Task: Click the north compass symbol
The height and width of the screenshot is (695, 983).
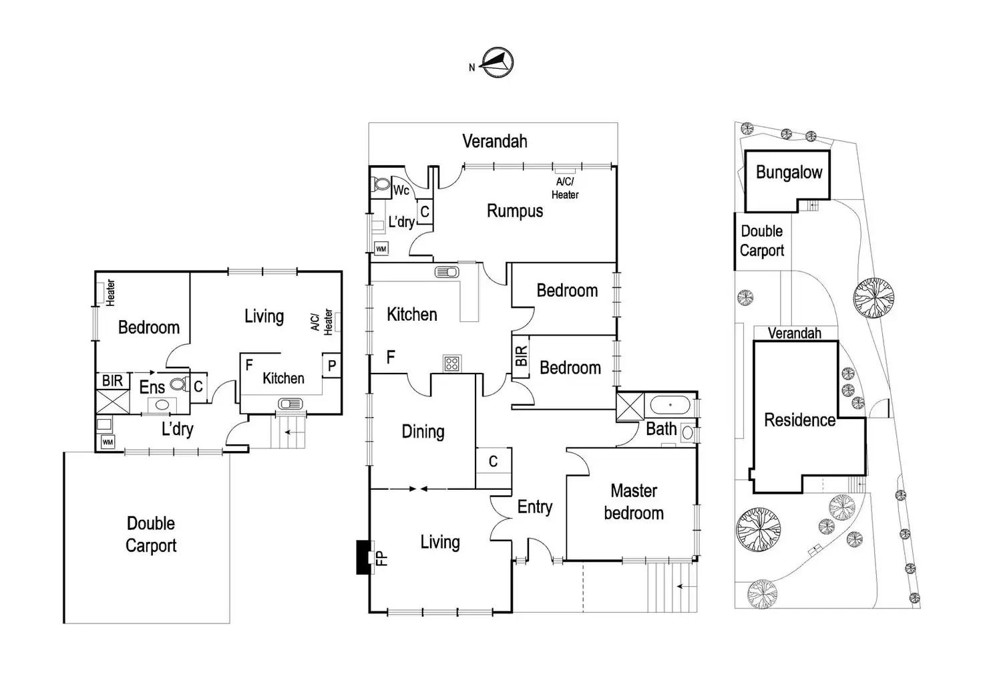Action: [498, 63]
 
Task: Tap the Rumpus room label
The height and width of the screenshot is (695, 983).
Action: [514, 211]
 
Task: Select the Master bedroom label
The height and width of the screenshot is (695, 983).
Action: [634, 502]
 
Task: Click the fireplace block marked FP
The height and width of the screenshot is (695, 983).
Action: [364, 557]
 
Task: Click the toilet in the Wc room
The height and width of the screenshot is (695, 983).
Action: [381, 184]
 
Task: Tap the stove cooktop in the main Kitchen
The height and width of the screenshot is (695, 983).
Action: [452, 364]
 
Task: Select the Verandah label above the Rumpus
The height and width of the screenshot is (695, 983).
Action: [494, 142]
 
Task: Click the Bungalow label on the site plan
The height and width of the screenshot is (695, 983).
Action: [789, 172]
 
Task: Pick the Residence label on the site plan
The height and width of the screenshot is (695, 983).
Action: [799, 420]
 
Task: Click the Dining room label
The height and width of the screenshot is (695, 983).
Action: [423, 432]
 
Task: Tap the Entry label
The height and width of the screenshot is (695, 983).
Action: [534, 507]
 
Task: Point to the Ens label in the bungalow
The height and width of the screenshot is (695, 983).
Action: [152, 387]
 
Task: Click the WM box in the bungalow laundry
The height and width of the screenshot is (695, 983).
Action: [108, 442]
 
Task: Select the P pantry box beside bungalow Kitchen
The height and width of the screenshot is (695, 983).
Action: [332, 366]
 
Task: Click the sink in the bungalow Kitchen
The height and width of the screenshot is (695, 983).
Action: [290, 404]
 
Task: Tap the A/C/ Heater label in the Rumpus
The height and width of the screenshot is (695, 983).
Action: [565, 188]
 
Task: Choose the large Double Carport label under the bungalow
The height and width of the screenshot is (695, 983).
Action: [151, 534]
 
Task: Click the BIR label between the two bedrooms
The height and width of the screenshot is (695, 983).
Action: [522, 356]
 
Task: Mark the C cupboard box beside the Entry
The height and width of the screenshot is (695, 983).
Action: [493, 461]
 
